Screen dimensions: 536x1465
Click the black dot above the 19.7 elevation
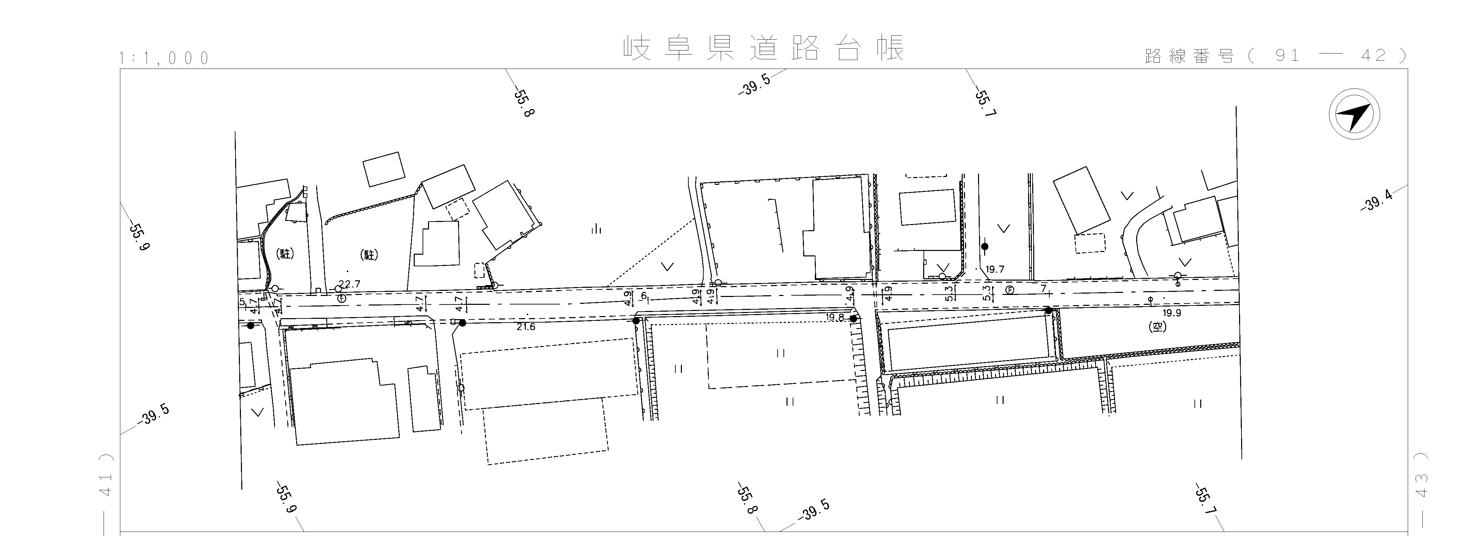pos(985,247)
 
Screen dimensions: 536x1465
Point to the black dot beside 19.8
pos(853,319)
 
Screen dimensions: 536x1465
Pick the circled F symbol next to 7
pos(1009,289)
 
